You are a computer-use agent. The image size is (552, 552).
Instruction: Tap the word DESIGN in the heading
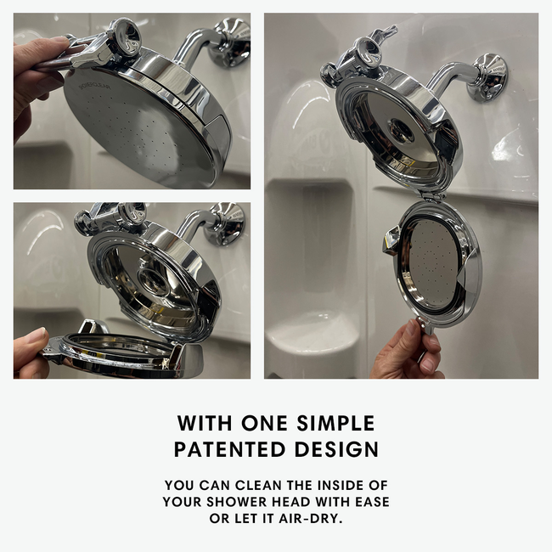pyautogui.click(x=336, y=449)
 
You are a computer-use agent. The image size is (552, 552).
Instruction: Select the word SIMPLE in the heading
pyautogui.click(x=335, y=423)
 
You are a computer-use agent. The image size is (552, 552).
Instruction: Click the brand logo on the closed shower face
pyautogui.click(x=94, y=87)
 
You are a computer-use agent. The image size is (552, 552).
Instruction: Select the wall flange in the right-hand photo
pyautogui.click(x=490, y=77)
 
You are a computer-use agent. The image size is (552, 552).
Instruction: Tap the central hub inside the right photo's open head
pyautogui.click(x=401, y=129)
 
